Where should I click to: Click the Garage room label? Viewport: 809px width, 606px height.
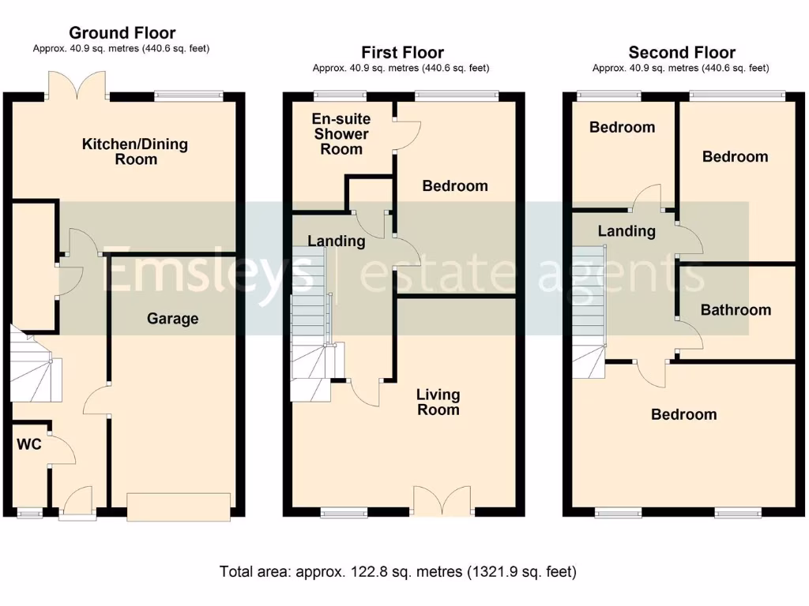(x=172, y=319)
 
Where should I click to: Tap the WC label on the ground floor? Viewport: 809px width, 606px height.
(x=29, y=444)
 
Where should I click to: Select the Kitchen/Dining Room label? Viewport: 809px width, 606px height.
(x=135, y=151)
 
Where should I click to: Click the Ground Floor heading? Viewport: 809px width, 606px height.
(x=122, y=33)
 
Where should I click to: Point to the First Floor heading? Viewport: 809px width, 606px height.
(x=402, y=53)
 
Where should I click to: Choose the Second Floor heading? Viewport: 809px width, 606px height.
(x=682, y=53)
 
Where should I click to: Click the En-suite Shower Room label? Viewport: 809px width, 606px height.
(x=341, y=134)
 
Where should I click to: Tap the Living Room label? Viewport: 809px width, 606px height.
(x=438, y=402)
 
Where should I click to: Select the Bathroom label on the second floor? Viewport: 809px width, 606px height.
(x=736, y=309)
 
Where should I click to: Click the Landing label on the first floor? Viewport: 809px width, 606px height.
(x=337, y=241)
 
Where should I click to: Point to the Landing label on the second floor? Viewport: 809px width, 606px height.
(x=627, y=231)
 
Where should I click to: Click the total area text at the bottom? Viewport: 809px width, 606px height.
(x=398, y=571)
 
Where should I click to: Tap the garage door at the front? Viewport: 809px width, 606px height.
(x=179, y=507)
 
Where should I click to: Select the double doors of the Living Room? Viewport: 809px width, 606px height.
(x=442, y=500)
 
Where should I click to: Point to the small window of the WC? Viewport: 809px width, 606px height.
(x=30, y=513)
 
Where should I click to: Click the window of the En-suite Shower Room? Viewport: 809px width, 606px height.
(x=341, y=95)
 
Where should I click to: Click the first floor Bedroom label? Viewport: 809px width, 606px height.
(x=455, y=186)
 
